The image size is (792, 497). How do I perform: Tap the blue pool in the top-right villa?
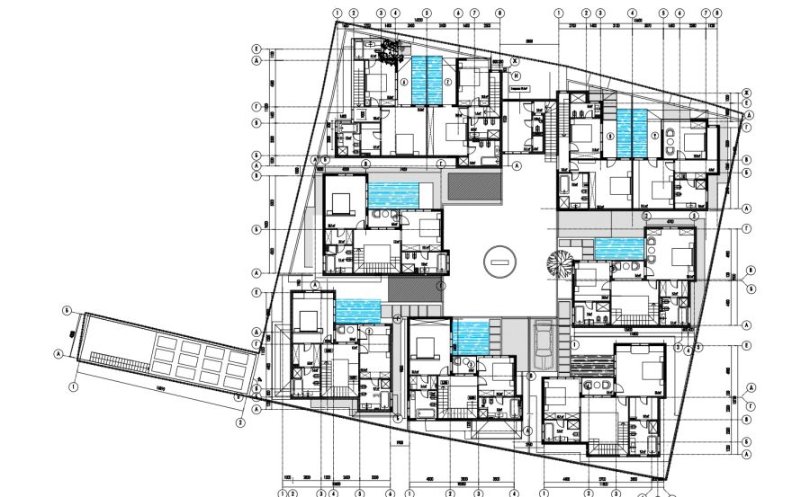pos(632,132)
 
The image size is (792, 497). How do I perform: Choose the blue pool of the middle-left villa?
pos(393,192)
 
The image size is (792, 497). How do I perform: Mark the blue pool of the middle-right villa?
pos(617,247)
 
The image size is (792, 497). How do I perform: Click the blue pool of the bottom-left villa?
pos(357,310)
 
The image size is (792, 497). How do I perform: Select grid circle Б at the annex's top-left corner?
pos(67,310)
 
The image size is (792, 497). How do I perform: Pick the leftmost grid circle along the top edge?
pos(337,13)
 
